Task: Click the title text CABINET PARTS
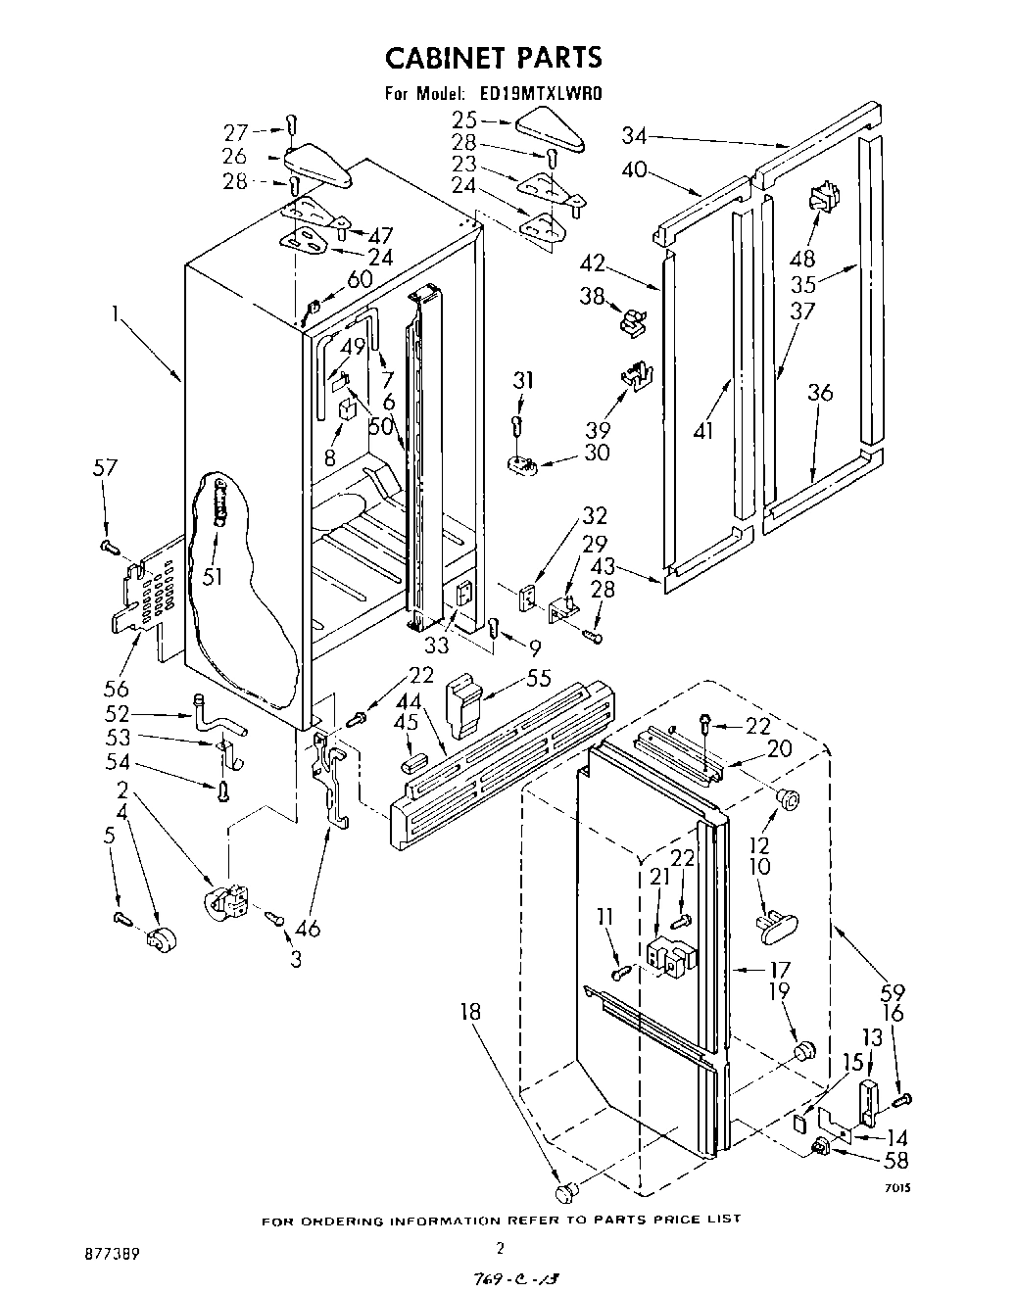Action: pos(493,58)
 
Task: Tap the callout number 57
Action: pos(104,468)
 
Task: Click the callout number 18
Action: pos(471,1011)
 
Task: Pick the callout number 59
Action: pos(892,990)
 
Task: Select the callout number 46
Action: pos(309,928)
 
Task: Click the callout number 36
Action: pos(820,392)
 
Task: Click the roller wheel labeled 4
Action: pos(155,939)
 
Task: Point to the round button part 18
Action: pos(564,1190)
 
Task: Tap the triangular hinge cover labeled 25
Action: pos(548,127)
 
